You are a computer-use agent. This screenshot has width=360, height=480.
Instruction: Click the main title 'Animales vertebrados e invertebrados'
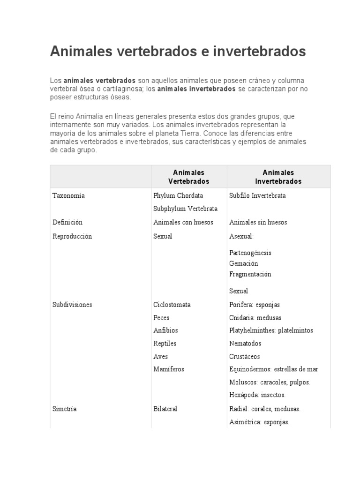178,51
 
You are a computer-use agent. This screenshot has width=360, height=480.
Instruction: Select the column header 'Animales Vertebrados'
188,177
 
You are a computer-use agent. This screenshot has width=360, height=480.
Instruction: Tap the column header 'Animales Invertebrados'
278,177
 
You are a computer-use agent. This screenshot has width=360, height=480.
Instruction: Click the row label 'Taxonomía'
68,195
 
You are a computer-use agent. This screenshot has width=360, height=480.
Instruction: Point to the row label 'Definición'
67,222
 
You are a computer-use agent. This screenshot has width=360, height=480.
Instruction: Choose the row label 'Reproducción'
72,236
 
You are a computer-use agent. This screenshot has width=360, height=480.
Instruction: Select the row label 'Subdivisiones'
72,305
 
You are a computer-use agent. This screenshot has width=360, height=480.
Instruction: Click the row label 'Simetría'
65,409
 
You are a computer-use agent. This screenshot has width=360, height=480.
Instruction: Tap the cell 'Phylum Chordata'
178,195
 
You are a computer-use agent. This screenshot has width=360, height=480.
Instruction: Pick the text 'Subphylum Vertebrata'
185,209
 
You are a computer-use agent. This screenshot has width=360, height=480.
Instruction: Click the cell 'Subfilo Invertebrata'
257,195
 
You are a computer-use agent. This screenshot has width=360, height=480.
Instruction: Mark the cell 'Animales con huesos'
183,222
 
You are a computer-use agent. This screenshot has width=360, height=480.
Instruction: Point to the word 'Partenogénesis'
250,253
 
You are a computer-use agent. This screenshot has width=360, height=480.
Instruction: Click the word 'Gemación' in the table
244,263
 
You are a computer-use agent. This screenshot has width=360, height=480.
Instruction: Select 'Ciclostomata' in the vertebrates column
172,305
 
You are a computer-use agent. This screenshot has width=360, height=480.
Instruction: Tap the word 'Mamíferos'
169,369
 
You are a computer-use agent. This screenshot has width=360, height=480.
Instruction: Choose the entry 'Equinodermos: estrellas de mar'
274,369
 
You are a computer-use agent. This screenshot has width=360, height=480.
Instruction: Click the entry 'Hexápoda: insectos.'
257,395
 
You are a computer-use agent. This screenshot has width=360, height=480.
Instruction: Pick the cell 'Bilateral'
165,409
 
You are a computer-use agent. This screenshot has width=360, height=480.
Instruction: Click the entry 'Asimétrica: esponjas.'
259,422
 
